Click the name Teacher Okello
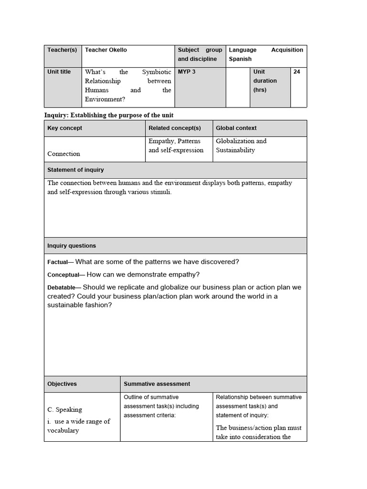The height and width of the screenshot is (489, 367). tap(106, 50)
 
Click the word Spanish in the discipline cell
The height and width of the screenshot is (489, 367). tap(240, 59)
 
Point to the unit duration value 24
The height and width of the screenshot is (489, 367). tap(297, 72)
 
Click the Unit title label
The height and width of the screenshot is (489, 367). tap(59, 72)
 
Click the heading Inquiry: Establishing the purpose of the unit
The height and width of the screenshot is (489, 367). tap(108, 115)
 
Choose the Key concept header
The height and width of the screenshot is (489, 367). tap(65, 128)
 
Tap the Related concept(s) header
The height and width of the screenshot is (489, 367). tap(174, 128)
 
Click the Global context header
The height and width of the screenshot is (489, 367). tap(236, 128)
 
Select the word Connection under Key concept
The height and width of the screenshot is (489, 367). tap(64, 154)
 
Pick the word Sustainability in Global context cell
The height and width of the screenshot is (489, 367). tap(235, 150)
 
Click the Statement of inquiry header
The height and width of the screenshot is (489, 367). tap(76, 170)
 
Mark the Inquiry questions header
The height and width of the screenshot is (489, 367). tap(72, 246)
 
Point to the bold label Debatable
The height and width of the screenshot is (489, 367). tap(62, 287)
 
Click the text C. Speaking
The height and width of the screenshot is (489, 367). tap(65, 409)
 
